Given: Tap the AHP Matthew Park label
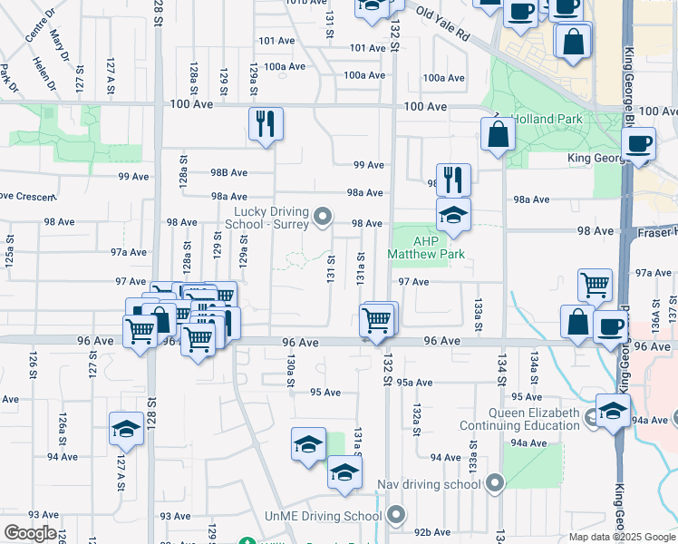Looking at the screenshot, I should [425, 248].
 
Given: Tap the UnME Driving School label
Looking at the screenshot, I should [324, 516].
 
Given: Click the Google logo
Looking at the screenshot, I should [30, 533].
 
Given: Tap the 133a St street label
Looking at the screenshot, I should [477, 308].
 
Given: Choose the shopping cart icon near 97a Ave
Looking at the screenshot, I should [595, 285].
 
